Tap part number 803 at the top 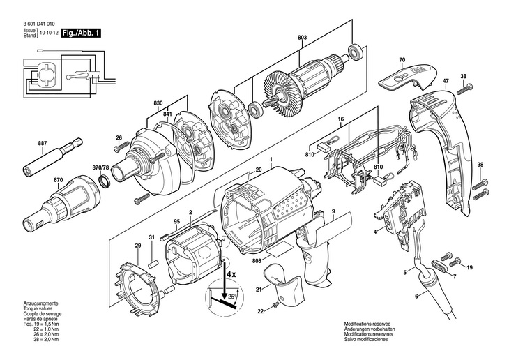pos(301,38)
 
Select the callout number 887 pos(43,143)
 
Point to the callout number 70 pos(402,60)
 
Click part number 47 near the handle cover pos(445,82)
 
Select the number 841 pos(167,114)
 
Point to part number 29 pos(137,246)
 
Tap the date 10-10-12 pos(49,33)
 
